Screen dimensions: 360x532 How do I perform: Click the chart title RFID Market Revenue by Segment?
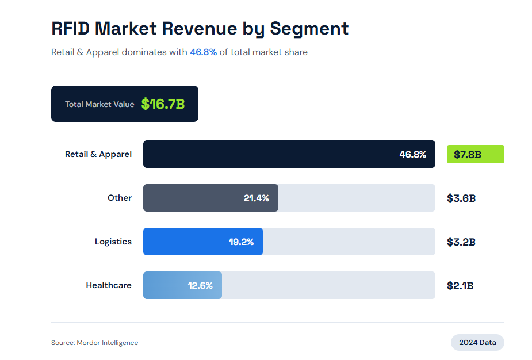tap(200, 28)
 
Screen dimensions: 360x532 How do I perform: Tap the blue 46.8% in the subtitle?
tap(203, 52)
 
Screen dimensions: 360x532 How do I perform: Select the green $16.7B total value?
tap(163, 104)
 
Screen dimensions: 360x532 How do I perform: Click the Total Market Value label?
tap(99, 104)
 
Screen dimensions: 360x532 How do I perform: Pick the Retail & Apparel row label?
tap(98, 154)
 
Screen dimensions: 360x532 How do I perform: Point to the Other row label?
tap(120, 198)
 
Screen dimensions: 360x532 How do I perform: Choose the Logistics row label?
tap(113, 242)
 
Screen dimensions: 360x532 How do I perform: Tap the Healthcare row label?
tap(109, 285)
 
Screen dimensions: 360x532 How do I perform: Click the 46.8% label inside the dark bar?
tap(413, 154)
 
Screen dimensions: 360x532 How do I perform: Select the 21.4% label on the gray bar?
tap(257, 198)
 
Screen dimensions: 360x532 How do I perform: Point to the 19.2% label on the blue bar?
tap(242, 242)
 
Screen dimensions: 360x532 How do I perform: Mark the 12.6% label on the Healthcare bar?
tap(200, 285)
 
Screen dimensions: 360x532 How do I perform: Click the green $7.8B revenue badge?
tap(475, 154)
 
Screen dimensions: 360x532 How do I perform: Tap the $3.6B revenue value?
tap(461, 198)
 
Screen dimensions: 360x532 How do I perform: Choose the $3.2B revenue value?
tap(461, 242)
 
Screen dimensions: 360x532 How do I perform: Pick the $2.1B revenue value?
tap(460, 286)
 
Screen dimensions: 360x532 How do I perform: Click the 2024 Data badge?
tap(477, 343)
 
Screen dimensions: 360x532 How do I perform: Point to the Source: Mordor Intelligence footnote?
tap(95, 343)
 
